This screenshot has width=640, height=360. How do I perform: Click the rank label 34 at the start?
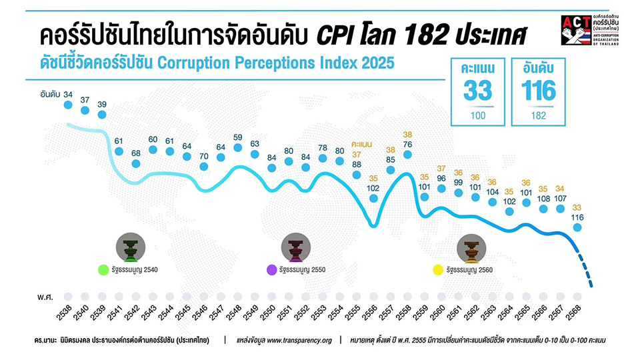click(x=67, y=95)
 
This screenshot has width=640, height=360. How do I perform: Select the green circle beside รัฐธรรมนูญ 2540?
click(x=103, y=270)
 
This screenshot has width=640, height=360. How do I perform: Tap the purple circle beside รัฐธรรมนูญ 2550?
click(x=271, y=270)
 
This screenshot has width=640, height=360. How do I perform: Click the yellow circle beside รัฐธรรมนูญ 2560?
click(x=438, y=270)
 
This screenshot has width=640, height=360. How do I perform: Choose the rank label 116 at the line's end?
click(x=577, y=217)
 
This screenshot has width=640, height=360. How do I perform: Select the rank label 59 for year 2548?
click(x=237, y=138)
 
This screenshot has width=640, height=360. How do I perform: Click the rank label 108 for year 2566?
click(x=543, y=199)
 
